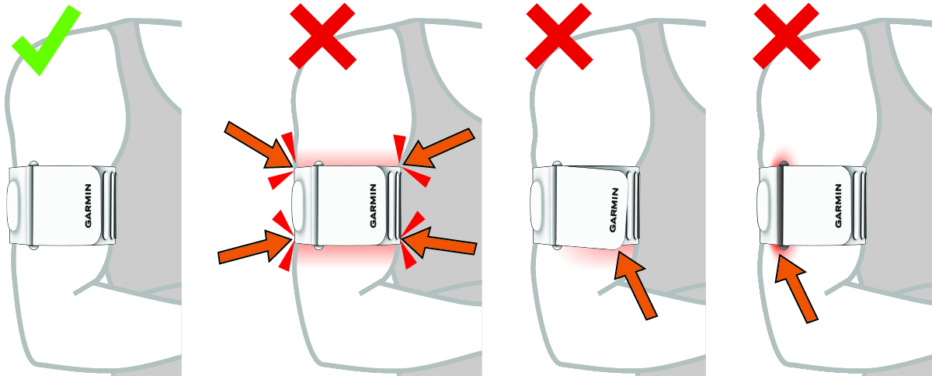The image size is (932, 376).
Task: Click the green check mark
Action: coord(46,40)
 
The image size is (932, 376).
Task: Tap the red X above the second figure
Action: coord(322,37)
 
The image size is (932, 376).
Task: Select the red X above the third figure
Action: coord(558,37)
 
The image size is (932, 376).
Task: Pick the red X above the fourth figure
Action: coord(786,37)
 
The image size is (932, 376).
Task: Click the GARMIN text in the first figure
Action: coord(89,206)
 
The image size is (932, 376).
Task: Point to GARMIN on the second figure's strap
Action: coord(374,206)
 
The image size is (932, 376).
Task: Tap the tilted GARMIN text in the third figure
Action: coord(614,210)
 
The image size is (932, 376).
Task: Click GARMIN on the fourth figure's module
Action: coord(838,206)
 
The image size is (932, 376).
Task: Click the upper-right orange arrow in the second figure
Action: coord(439,148)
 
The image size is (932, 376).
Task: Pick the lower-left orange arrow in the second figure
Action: coord(254,247)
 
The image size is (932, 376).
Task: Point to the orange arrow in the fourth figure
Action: coord(796,289)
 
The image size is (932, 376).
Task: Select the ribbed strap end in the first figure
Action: coord(109,206)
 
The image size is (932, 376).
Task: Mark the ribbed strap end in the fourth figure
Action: coord(859,206)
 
